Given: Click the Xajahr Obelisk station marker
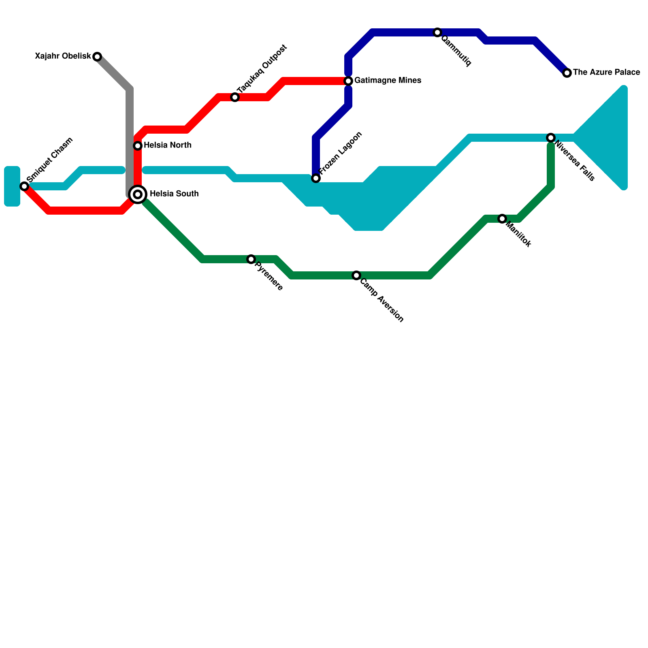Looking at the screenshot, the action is pos(97,57).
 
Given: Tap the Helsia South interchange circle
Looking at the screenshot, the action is pos(138,194).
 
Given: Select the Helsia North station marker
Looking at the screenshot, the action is pos(138,145).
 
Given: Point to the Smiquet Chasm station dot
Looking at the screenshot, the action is pos(24,186).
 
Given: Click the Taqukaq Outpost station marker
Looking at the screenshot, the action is pos(235,97).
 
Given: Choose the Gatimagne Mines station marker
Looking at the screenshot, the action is pos(348,81).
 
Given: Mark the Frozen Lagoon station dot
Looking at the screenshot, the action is pos(316,178).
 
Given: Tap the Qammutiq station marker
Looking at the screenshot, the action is pos(437,32).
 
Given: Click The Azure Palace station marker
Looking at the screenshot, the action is pos(567,73).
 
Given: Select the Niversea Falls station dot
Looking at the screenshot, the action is pos(551,138).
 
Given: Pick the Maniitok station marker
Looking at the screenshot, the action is pos(502,219).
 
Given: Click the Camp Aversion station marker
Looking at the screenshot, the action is pos(356,275).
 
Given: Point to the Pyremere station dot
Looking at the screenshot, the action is pos(251,259).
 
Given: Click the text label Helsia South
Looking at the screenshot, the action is pos(174,194).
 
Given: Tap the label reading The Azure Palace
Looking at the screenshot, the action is pos(606,72).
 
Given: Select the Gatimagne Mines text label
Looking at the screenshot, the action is pos(388,81).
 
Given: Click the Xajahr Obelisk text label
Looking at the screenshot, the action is pos(63,56).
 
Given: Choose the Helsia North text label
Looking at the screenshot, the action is pos(167,145).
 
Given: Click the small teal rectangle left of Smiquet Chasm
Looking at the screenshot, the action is pos(12,186).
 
